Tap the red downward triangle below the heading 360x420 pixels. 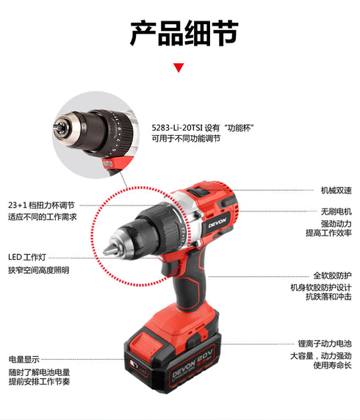pos(179,68)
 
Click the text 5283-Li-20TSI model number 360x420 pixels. pos(180,126)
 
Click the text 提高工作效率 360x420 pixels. pos(328,233)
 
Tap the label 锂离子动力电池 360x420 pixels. pos(325,343)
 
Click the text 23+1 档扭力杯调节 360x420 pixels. pos(43,205)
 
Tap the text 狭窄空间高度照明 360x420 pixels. pos(39,270)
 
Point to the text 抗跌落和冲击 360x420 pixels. pos(328,297)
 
